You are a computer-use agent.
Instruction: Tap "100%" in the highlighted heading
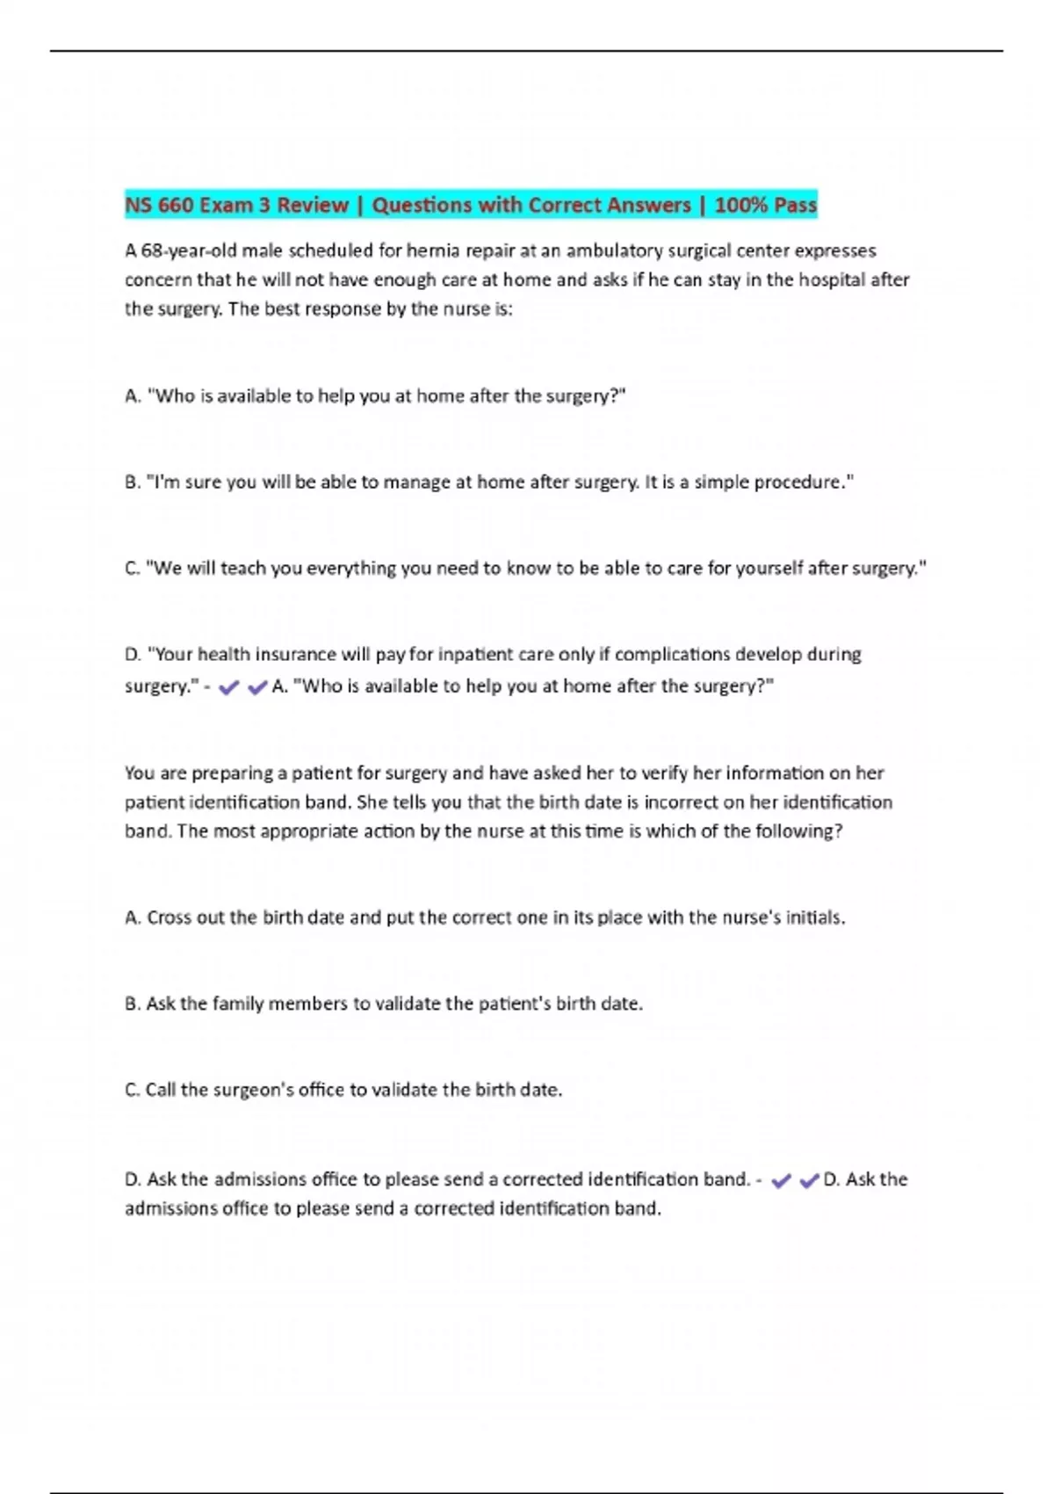click(x=741, y=206)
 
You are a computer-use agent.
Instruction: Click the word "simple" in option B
click(x=718, y=482)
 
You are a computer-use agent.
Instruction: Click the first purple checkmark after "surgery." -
click(x=229, y=688)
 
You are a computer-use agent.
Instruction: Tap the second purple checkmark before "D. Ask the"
click(x=810, y=1181)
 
